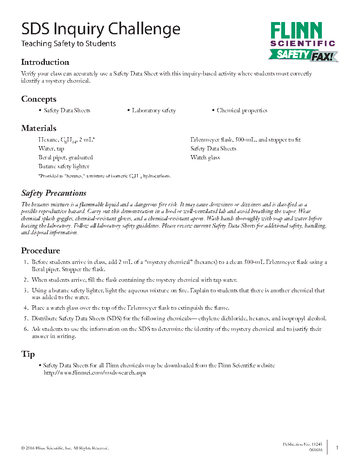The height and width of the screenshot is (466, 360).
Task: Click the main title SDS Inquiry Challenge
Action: pyautogui.click(x=101, y=29)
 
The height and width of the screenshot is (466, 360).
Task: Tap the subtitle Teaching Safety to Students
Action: pyautogui.click(x=69, y=44)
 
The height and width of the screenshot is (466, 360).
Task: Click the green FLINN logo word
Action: pyautogui.click(x=296, y=31)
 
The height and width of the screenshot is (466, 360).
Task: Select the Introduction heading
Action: pyautogui.click(x=45, y=62)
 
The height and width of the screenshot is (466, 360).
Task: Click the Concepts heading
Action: pyautogui.click(x=39, y=99)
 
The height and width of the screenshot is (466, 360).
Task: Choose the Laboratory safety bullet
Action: pyautogui.click(x=154, y=111)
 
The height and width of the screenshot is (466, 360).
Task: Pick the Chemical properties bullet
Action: pyautogui.click(x=242, y=111)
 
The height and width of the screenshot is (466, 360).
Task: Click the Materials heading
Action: pyautogui.click(x=39, y=128)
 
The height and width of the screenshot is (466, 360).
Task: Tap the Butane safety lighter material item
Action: pyautogui.click(x=64, y=166)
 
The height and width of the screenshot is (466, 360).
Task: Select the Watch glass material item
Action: pyautogui.click(x=205, y=158)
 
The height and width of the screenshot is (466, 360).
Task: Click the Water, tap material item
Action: pyautogui.click(x=51, y=149)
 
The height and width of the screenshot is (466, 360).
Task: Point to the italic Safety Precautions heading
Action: pyautogui.click(x=54, y=193)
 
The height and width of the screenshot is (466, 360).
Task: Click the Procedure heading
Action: pyautogui.click(x=41, y=250)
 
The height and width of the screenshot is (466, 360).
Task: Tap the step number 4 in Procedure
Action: pyautogui.click(x=25, y=308)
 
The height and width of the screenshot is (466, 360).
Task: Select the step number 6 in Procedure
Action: pyautogui.click(x=25, y=329)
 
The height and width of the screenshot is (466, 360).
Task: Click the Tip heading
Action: pyautogui.click(x=28, y=354)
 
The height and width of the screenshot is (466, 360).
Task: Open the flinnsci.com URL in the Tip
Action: pyautogui.click(x=95, y=373)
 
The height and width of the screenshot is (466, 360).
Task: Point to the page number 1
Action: pyautogui.click(x=337, y=447)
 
